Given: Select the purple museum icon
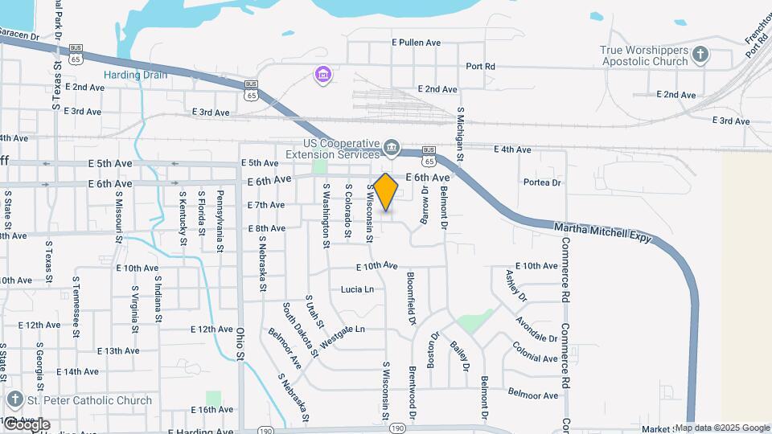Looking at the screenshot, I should coord(323,75).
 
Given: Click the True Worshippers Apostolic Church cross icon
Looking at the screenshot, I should coord(700,55).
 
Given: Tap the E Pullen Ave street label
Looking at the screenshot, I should coord(417,42).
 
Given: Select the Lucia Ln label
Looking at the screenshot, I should coord(357,289).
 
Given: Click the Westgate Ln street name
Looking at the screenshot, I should coord(342,336).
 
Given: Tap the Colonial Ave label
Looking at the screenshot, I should coord(535,352).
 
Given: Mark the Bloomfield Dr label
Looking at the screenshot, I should coord(411,297).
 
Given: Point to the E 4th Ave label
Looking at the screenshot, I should coord(512,149).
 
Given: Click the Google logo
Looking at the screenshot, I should coord(27,424).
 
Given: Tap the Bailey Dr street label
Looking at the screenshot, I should coord(460,357).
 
